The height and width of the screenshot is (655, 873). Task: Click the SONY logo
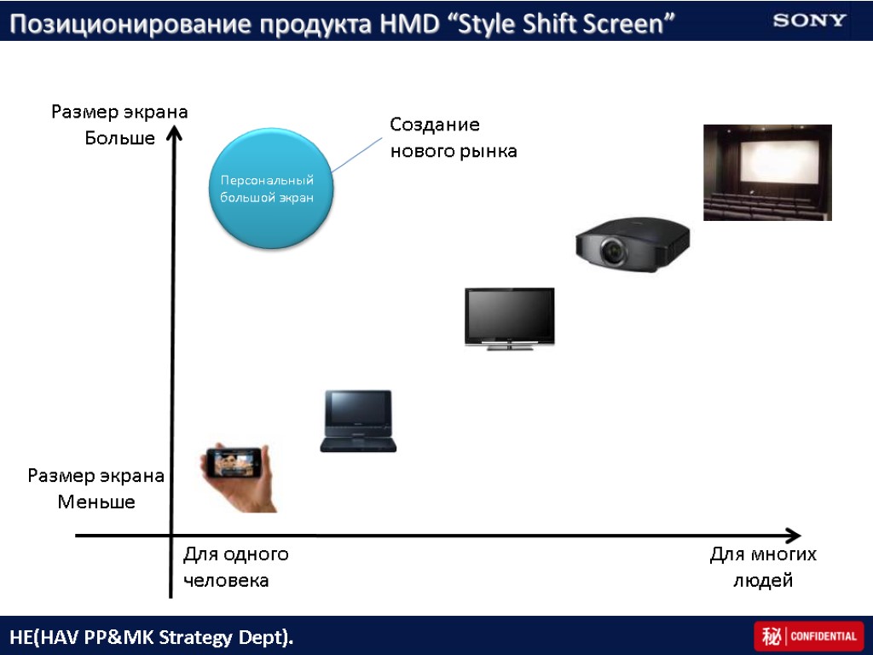point(809,20)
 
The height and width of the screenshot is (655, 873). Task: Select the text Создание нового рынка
point(453,138)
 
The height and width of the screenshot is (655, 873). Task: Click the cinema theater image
point(766,172)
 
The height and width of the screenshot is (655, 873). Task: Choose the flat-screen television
point(509,318)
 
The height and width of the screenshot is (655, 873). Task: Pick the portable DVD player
point(358,420)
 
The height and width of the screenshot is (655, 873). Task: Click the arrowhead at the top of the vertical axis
point(175,132)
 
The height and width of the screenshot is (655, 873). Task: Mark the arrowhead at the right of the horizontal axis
point(793,536)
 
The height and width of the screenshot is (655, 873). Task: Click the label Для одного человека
point(235,567)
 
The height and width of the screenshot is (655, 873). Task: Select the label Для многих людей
point(763,567)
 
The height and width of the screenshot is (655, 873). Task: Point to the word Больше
point(120,137)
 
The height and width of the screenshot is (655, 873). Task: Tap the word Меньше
point(96,501)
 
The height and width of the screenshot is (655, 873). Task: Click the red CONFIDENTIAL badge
point(808,636)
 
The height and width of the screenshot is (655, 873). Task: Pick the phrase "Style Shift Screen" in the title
point(560,24)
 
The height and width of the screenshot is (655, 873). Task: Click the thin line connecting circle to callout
point(358,154)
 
